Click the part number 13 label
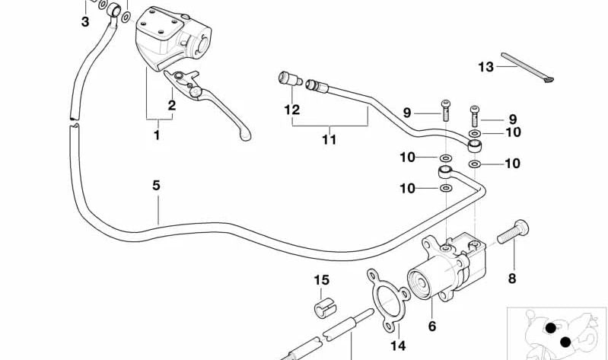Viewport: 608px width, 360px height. [x=486, y=67]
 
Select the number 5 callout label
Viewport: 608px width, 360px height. [x=156, y=184]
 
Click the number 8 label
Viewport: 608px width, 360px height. [x=511, y=278]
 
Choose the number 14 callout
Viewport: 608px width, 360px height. [x=398, y=346]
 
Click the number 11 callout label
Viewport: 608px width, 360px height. [x=328, y=139]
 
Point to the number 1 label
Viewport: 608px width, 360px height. [x=158, y=135]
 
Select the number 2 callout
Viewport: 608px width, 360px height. [x=172, y=106]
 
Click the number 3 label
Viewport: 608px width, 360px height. [x=85, y=22]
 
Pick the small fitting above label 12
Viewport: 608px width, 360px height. [x=287, y=78]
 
